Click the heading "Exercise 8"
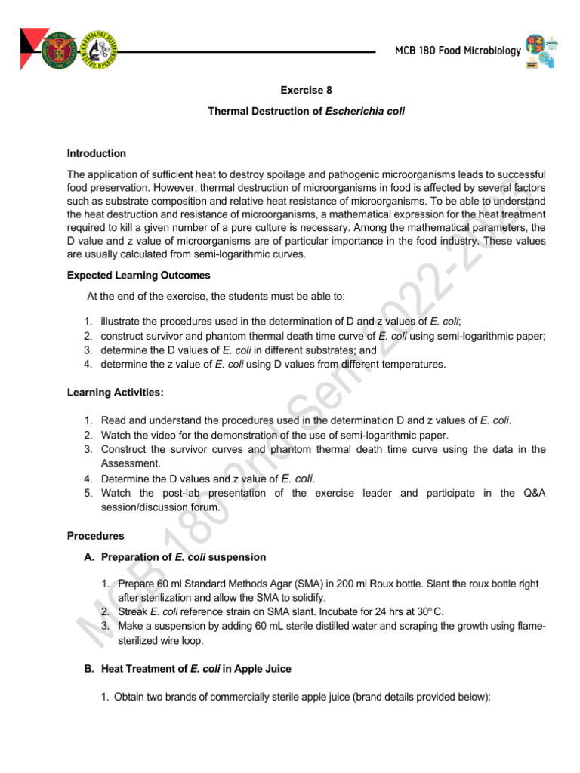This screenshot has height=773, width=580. tap(307, 91)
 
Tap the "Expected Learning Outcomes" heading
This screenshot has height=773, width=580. tap(138, 276)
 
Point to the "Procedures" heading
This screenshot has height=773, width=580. tap(95, 536)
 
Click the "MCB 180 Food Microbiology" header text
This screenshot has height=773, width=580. tap(458, 51)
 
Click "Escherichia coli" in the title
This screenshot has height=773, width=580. tap(366, 111)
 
